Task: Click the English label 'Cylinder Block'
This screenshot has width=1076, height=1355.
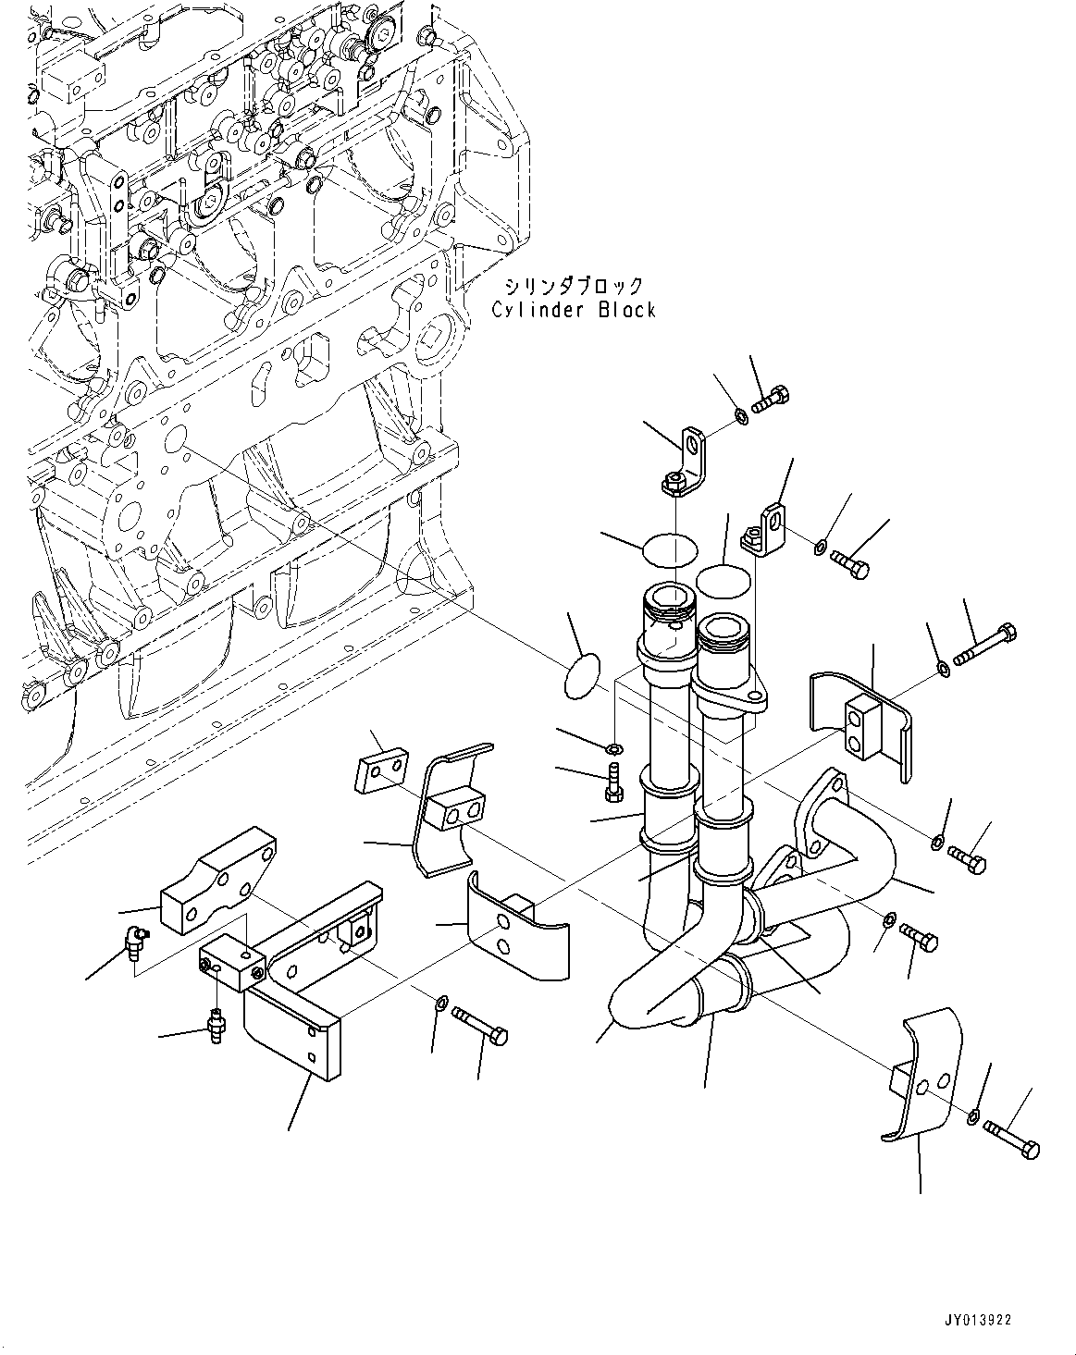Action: [573, 311]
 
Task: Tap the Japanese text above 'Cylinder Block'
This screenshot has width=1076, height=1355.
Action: [574, 286]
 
